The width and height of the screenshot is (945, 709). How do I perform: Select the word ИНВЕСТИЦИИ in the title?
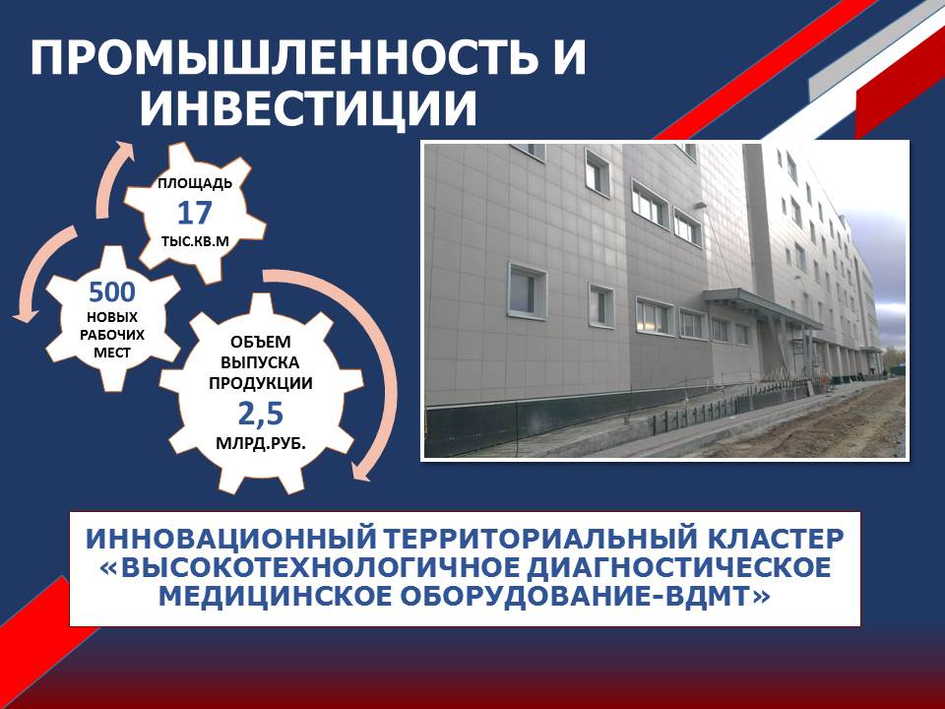[308, 108]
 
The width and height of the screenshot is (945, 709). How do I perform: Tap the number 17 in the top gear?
[195, 213]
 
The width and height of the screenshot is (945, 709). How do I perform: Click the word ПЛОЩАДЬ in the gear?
[195, 183]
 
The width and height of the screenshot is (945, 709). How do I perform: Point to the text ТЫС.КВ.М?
[195, 241]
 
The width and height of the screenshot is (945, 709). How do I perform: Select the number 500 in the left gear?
[112, 292]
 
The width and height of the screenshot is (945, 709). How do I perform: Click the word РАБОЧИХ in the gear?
[112, 335]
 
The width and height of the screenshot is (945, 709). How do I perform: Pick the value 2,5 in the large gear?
[260, 414]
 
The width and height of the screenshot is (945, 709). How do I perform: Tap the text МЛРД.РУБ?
[260, 444]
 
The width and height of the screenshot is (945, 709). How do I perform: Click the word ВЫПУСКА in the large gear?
[260, 363]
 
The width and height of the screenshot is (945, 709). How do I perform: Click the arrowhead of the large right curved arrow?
[360, 471]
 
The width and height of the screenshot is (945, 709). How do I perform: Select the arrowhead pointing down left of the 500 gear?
[24, 313]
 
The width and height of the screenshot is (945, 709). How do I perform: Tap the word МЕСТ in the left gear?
[112, 353]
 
